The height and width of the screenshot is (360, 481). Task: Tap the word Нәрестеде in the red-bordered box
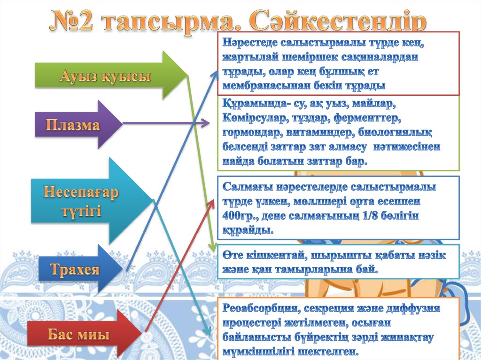coord(249,43)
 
